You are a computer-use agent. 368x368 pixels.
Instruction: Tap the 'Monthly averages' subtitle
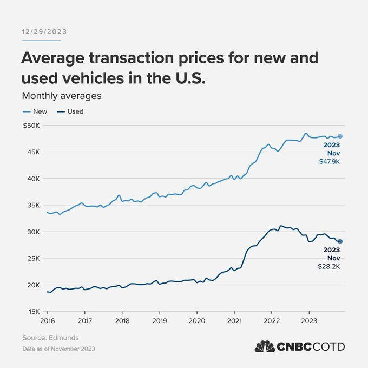[x=62, y=96]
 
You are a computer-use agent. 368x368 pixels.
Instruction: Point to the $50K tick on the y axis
[x=30, y=126]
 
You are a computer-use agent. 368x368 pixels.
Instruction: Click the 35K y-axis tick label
[x=32, y=205]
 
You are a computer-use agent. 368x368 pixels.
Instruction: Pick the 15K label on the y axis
[x=32, y=312]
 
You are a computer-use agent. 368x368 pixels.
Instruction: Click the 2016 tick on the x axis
[x=48, y=320]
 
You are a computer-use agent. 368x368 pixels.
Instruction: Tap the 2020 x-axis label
[x=197, y=320]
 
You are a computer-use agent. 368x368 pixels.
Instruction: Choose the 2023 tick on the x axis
[x=308, y=320]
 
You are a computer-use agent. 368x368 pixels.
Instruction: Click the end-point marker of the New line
[x=340, y=136]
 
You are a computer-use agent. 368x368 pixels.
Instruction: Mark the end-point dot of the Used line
[x=340, y=241]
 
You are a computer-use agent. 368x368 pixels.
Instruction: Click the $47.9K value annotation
[x=330, y=162]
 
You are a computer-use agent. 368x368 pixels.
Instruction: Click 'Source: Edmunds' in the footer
[x=50, y=338]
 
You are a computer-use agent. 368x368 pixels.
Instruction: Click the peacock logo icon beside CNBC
[x=265, y=346]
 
